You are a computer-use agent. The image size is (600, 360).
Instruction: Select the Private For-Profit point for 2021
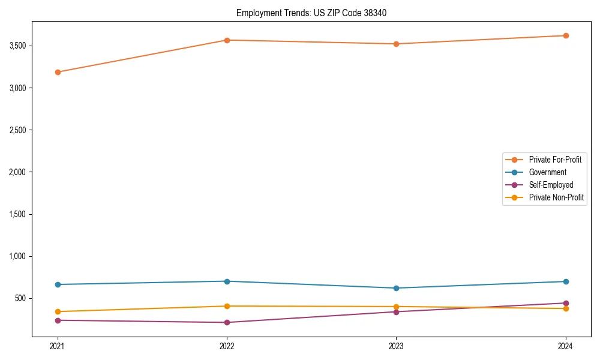tap(58, 72)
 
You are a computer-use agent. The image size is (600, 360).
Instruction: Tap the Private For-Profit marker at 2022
tap(227, 40)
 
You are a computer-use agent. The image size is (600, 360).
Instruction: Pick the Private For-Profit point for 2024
tap(566, 35)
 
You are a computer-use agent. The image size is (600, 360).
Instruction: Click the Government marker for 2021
tap(58, 284)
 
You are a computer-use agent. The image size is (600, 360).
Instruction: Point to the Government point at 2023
tap(396, 288)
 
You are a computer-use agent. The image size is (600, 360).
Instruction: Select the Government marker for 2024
tap(566, 281)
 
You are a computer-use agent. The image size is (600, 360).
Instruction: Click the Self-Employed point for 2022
tap(227, 322)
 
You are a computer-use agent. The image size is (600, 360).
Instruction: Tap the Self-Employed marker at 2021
tap(58, 320)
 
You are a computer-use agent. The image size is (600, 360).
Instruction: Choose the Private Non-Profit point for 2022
tap(227, 306)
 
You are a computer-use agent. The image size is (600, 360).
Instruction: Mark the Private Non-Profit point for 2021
tap(58, 311)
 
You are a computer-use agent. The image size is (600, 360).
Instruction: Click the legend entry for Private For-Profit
tap(555, 160)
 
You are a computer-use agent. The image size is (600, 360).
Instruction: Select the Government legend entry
tap(547, 172)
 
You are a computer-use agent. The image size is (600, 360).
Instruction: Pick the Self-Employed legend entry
tap(551, 185)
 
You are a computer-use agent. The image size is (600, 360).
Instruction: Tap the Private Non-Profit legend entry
tap(556, 197)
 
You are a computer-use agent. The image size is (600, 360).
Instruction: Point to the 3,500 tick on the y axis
tap(17, 46)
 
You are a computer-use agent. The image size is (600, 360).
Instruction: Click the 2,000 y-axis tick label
tap(17, 172)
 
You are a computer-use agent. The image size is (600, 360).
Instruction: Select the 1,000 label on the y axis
tap(17, 256)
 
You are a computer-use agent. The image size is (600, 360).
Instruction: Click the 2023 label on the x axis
tap(396, 346)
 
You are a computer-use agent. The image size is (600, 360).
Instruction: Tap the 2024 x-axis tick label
tap(566, 346)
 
